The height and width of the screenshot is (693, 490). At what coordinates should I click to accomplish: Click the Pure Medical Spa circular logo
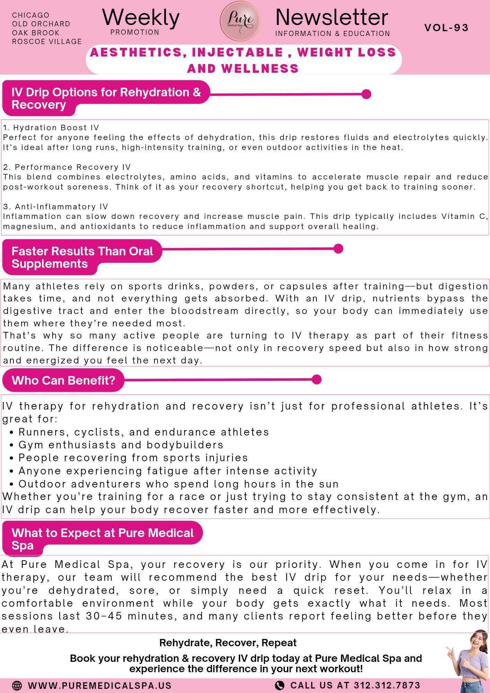click(x=240, y=20)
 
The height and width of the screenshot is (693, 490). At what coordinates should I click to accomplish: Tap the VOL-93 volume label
click(x=446, y=28)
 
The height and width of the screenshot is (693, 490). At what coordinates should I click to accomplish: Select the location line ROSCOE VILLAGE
click(x=47, y=42)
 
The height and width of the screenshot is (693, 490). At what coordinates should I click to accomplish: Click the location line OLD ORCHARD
click(x=41, y=24)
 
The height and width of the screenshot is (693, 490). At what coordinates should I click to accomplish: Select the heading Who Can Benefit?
click(x=63, y=380)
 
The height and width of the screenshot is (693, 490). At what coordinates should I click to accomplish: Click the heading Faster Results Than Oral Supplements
click(x=82, y=257)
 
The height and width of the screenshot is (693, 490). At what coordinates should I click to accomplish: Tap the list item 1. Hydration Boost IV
click(x=51, y=128)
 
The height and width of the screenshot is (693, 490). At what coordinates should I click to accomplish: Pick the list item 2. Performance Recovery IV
click(x=67, y=167)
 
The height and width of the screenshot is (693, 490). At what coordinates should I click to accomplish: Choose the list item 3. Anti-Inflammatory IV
click(x=56, y=207)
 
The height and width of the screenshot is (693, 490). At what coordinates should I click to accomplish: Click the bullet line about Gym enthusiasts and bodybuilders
click(x=121, y=445)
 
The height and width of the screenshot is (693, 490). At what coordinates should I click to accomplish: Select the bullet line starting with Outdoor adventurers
click(x=178, y=484)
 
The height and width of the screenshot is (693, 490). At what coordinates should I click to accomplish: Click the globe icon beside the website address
click(x=17, y=685)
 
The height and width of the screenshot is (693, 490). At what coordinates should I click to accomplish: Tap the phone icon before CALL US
click(x=279, y=685)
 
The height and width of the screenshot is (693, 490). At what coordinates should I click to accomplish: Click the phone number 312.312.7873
click(x=387, y=685)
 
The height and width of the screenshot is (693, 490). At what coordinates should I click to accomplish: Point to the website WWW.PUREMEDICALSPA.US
click(x=100, y=685)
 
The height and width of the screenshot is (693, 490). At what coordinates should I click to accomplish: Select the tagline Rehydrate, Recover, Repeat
click(x=228, y=643)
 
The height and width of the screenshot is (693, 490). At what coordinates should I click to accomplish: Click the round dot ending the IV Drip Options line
click(x=366, y=94)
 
